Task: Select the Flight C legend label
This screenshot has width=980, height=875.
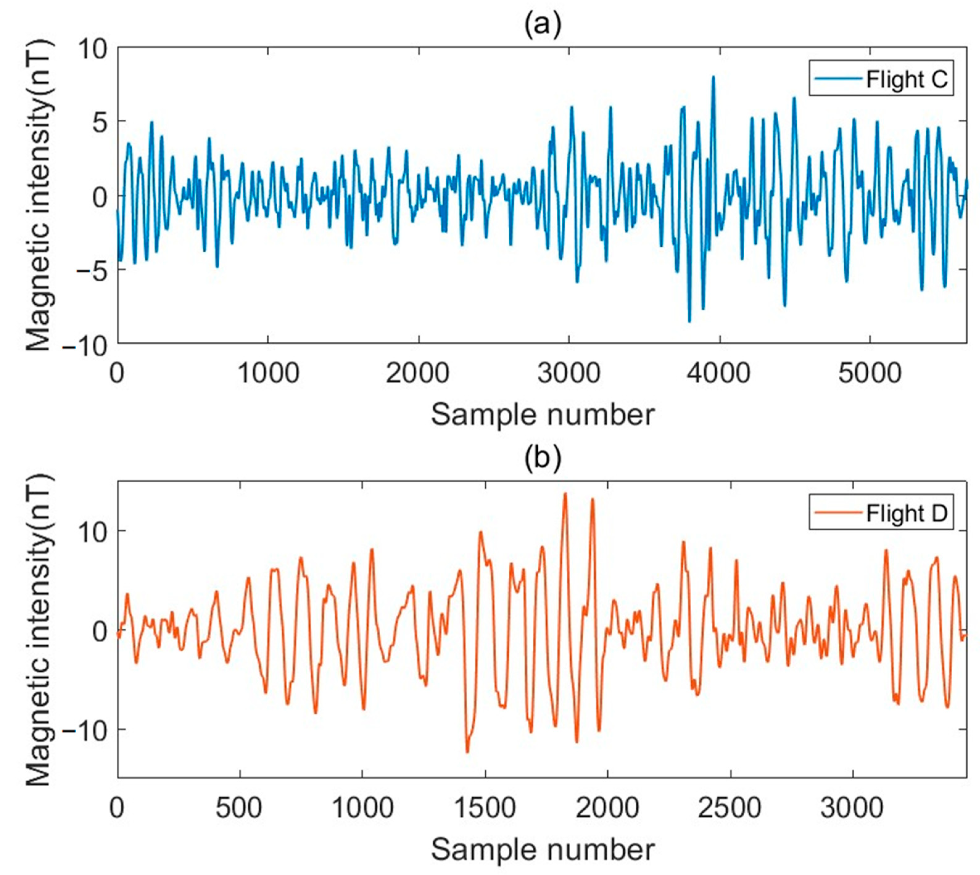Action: tap(906, 79)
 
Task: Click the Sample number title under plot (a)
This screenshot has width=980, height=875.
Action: tap(542, 415)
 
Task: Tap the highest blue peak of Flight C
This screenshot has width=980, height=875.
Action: tap(713, 77)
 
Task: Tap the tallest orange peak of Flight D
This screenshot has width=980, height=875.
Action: tap(565, 494)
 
